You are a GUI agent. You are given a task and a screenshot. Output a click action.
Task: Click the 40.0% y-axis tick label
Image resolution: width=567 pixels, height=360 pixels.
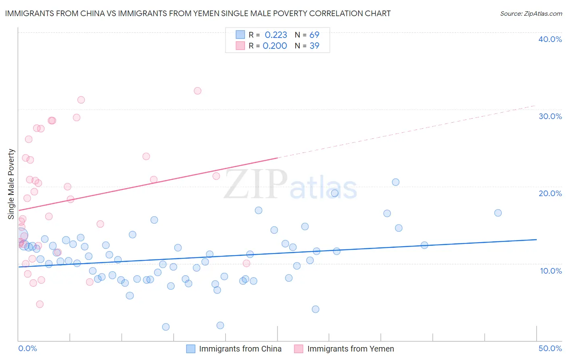point(550,39)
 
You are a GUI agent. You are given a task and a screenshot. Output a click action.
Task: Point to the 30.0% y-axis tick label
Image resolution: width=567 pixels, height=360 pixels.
point(550,116)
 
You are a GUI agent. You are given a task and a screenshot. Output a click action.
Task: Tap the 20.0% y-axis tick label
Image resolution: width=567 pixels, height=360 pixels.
point(550,193)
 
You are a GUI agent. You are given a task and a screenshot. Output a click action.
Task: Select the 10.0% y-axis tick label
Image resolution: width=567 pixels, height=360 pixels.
point(551,271)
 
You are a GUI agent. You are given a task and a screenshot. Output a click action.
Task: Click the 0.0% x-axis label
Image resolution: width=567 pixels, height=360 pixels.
point(27,348)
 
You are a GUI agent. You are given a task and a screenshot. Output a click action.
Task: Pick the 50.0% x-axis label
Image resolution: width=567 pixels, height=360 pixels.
point(550,348)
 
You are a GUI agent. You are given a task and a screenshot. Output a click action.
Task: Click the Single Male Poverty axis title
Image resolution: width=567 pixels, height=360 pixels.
point(11,184)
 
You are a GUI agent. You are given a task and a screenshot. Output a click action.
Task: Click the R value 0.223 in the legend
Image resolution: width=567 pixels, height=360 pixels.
point(276,35)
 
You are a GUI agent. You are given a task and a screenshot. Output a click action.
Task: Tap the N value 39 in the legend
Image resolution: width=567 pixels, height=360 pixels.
point(314,46)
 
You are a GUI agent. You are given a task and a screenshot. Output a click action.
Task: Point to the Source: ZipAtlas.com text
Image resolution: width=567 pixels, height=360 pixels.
point(531,14)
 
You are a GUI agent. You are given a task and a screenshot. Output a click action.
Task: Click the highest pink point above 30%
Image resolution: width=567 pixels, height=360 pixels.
point(198,91)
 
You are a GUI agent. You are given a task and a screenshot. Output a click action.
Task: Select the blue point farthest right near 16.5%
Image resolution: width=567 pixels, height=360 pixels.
point(498,213)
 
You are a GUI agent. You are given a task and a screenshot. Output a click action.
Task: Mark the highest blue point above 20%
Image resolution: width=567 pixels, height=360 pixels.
point(396,182)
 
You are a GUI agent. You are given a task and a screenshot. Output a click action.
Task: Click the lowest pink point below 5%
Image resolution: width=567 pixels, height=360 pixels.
point(40,304)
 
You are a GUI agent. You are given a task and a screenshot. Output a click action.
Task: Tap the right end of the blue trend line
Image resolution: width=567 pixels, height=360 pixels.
point(536,240)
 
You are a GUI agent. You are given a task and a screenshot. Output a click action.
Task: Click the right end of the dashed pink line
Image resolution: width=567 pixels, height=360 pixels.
point(536,106)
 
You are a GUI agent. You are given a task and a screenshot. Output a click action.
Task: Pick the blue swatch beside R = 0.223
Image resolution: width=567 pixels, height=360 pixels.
point(240,35)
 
